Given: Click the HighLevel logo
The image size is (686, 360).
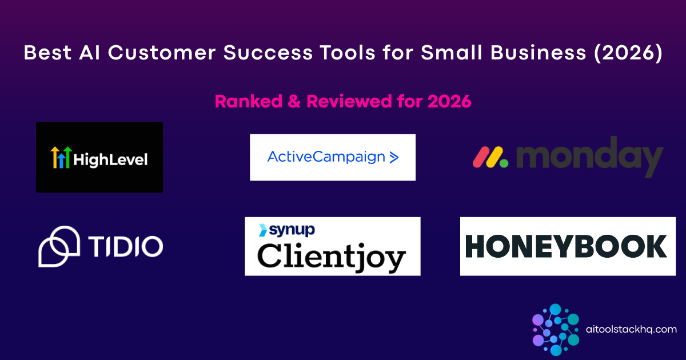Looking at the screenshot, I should click(99, 157).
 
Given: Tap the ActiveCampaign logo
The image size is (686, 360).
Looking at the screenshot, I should click(332, 157).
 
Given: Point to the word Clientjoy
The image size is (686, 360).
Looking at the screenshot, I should click(332, 255).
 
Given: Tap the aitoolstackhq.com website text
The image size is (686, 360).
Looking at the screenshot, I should click(631, 329).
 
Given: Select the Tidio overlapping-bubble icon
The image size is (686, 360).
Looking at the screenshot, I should click(59, 246).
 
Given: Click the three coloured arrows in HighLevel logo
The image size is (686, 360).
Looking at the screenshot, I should click(60, 158).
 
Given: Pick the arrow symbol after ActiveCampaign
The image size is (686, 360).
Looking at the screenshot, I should click(393, 158).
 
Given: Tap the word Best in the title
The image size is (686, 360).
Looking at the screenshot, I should click(44, 54).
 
